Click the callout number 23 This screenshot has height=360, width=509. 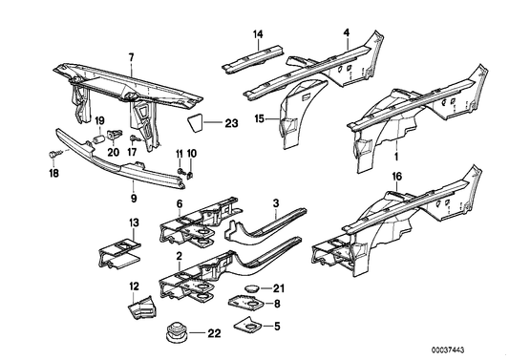(231, 123)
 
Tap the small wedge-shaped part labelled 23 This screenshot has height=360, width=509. (195, 122)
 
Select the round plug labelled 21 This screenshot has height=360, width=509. (251, 288)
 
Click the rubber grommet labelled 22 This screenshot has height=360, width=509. (176, 332)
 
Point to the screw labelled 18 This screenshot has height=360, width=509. (53, 155)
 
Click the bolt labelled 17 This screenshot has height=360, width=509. (135, 138)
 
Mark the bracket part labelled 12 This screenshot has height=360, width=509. (142, 307)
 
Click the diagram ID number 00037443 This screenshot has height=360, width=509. (448, 349)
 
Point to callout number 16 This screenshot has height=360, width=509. (397, 177)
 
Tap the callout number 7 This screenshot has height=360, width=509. (131, 58)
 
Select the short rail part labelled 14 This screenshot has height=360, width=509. (252, 58)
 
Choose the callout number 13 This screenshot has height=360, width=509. (134, 223)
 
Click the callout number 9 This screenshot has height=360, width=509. (134, 198)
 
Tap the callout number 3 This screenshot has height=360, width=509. (276, 203)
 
